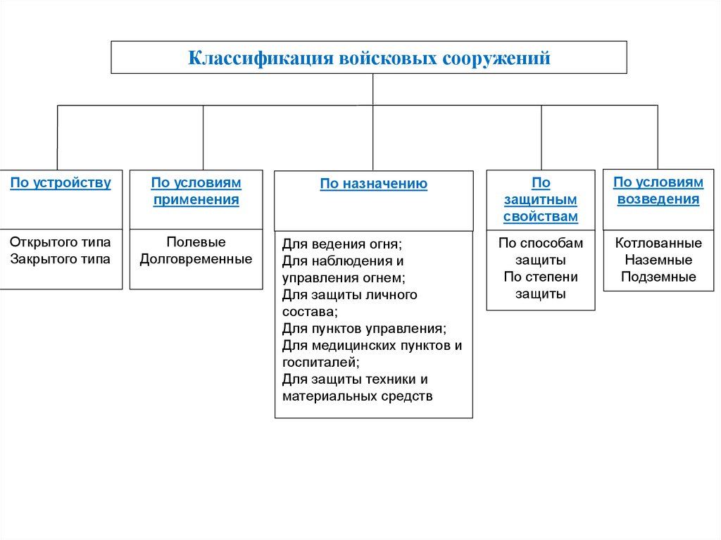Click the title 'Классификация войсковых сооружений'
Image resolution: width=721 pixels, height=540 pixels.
click(369, 58)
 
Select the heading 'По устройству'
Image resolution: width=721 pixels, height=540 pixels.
click(61, 183)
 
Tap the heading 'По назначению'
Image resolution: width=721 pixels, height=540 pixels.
click(374, 184)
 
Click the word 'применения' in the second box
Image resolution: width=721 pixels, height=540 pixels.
click(196, 200)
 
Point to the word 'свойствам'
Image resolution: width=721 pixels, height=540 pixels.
click(541, 217)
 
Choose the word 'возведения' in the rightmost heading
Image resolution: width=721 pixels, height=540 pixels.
click(658, 199)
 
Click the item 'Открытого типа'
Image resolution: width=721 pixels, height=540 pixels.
click(61, 242)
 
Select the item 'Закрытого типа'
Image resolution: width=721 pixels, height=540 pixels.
click(61, 259)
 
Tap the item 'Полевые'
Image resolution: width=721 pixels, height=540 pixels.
click(196, 242)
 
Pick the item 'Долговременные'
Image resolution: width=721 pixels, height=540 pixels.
click(196, 259)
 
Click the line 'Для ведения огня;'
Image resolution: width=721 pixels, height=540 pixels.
click(341, 244)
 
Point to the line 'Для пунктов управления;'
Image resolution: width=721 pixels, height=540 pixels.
click(364, 329)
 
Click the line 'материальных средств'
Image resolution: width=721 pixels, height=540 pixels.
click(358, 396)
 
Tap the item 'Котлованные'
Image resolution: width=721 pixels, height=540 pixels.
click(658, 243)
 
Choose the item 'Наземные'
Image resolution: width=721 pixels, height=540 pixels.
click(658, 260)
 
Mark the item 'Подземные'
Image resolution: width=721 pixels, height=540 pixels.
click(658, 277)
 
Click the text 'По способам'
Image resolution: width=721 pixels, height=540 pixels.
click(541, 243)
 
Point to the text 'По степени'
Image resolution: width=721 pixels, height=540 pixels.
click(541, 277)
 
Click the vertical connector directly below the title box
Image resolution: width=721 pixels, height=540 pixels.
click(373, 89)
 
